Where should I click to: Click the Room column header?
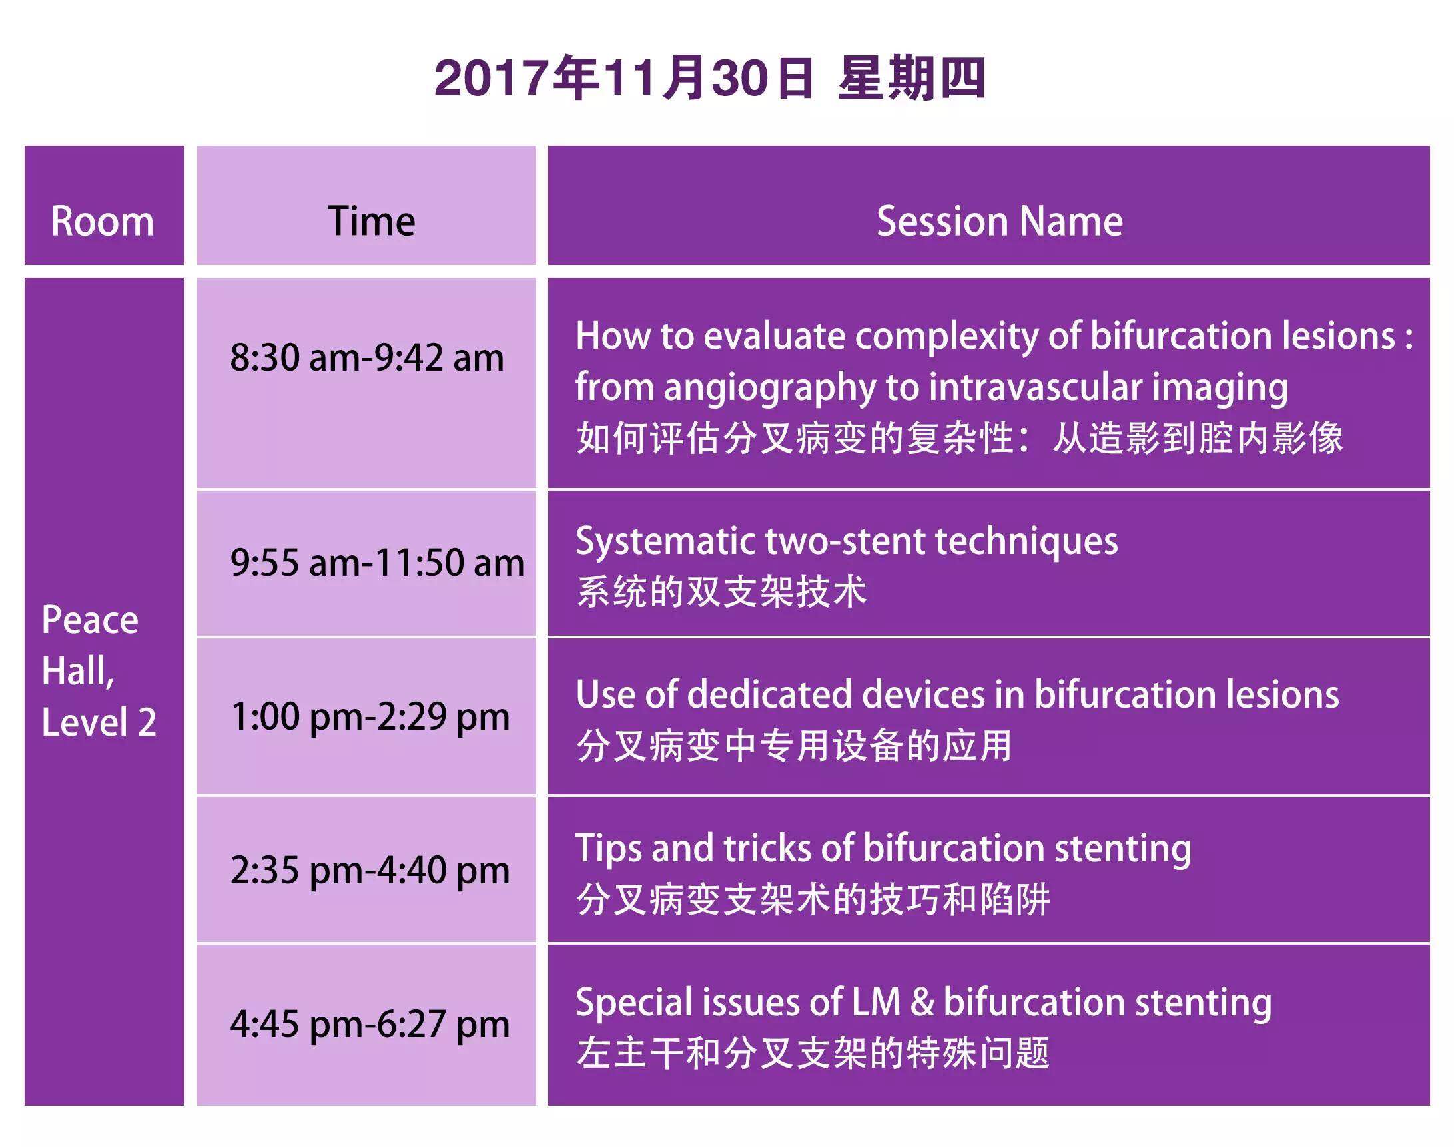[x=103, y=221]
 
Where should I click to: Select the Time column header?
[x=372, y=221]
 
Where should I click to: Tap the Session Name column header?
[x=999, y=221]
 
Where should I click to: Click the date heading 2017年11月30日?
[x=623, y=78]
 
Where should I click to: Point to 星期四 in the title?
[x=911, y=78]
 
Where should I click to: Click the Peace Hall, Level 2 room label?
[x=99, y=670]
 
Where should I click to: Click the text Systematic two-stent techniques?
[x=847, y=541]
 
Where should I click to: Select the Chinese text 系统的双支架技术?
[x=721, y=592]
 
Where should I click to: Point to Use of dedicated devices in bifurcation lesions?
[x=958, y=694]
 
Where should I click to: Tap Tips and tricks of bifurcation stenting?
[x=884, y=849]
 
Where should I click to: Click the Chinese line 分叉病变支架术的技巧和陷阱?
[x=813, y=900]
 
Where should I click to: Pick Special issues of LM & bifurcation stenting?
[x=924, y=1003]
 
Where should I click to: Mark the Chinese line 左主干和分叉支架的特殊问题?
[x=813, y=1053]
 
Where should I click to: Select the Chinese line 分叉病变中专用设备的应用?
[x=794, y=746]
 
